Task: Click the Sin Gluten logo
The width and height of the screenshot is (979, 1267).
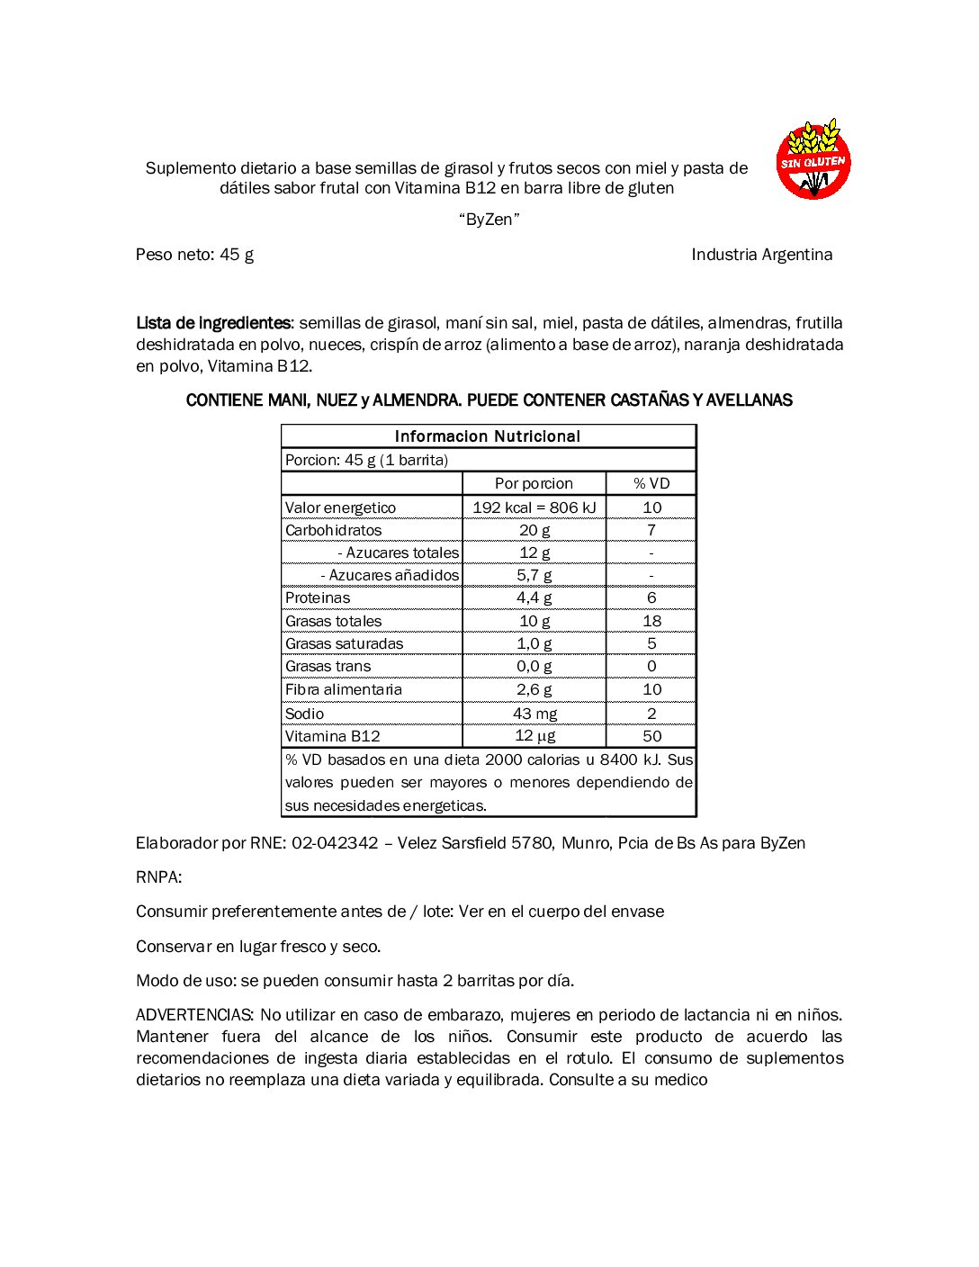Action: click(x=813, y=159)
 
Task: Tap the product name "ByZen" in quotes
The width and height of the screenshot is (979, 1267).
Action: click(x=489, y=220)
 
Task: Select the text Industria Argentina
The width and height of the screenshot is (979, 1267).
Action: click(x=761, y=255)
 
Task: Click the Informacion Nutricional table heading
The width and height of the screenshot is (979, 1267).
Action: click(x=488, y=436)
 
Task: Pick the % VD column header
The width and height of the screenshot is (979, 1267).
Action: click(x=651, y=483)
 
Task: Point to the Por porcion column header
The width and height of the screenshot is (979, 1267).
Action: click(x=534, y=483)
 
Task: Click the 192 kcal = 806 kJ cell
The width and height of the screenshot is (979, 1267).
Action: click(x=534, y=508)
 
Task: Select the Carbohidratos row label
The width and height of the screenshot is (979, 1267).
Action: click(x=333, y=530)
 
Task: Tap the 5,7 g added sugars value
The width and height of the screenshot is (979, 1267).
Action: click(x=534, y=575)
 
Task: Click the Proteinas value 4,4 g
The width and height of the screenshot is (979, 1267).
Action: click(x=534, y=598)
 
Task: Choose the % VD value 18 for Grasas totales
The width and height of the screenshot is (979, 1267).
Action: click(x=651, y=621)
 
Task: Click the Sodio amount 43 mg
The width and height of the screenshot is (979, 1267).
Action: click(x=534, y=714)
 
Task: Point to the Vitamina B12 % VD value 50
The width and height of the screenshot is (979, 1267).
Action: click(x=651, y=736)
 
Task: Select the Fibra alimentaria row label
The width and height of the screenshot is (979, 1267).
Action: click(x=343, y=689)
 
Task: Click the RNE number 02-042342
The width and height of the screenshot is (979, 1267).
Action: click(x=335, y=843)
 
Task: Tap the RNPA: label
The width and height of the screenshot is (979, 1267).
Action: click(x=158, y=877)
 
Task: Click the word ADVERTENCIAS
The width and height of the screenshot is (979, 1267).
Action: click(x=195, y=1015)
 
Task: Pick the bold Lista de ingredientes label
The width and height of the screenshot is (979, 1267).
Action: click(x=213, y=323)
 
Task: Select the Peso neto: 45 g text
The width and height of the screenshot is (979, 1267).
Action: click(x=194, y=255)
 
